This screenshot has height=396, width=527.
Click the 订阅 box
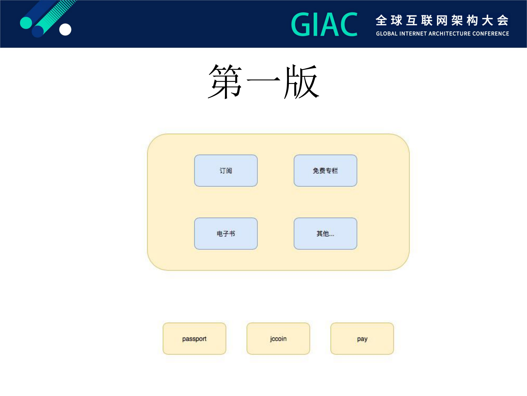click(x=226, y=171)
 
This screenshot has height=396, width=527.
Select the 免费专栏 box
click(x=325, y=171)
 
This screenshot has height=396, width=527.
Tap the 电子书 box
click(x=226, y=234)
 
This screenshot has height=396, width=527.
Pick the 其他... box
click(x=325, y=234)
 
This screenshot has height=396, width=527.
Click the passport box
click(x=194, y=338)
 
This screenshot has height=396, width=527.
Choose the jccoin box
click(x=278, y=338)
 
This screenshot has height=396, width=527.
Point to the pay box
click(x=362, y=338)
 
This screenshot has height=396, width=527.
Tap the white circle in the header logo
click(x=65, y=29)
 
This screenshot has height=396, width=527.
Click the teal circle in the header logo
click(x=26, y=23)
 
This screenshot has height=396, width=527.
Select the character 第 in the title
click(x=225, y=81)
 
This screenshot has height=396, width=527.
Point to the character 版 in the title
click(x=302, y=81)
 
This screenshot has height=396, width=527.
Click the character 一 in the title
click(x=263, y=80)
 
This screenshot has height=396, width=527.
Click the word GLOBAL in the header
click(x=387, y=34)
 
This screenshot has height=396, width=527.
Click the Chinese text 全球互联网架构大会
click(x=442, y=20)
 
